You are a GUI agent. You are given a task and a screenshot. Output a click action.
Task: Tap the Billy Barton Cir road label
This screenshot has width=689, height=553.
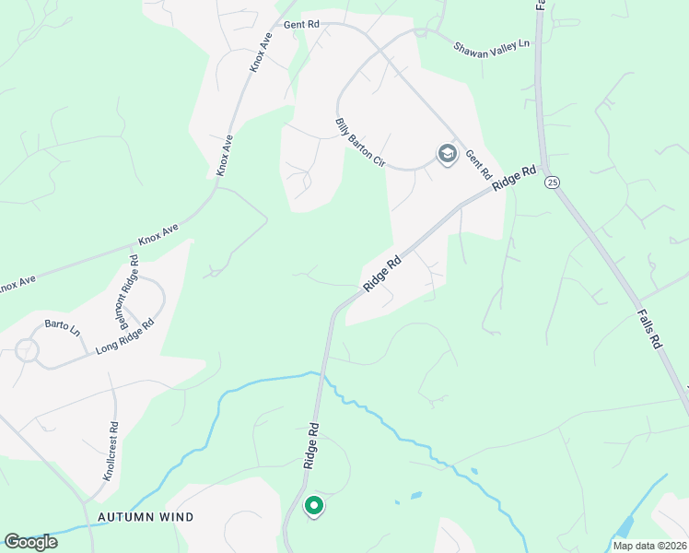359,142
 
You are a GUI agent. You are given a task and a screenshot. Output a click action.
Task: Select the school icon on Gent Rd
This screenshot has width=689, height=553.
448,154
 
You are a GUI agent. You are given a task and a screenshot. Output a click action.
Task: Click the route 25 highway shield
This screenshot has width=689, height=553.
552,182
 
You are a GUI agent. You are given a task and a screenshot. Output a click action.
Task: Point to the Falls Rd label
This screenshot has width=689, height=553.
649,328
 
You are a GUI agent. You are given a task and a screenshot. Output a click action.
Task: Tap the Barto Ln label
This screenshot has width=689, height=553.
63,328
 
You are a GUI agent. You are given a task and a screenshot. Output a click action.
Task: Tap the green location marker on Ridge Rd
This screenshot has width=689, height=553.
313,506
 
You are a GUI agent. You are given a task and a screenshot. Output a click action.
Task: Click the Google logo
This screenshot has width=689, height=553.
30,542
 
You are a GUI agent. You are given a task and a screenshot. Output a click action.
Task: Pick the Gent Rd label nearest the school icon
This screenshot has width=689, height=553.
479,165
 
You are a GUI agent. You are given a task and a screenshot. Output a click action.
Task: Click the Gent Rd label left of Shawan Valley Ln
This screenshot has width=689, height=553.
300,24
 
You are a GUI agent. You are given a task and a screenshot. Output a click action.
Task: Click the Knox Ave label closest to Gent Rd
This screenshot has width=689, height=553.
261,54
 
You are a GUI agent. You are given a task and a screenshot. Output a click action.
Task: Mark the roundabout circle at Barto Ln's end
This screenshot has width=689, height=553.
26,350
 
